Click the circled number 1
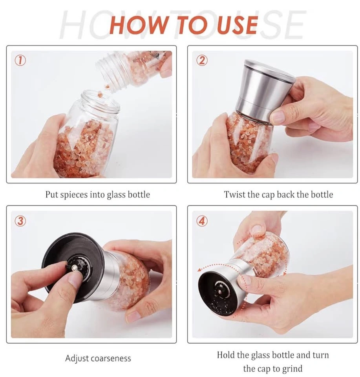pos(20,60)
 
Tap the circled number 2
pos(202,60)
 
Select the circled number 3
pos(20,221)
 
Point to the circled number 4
pos(202,221)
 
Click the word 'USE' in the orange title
pos(237,25)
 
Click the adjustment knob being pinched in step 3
pos(75,267)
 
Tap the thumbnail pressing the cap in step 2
pos(278,117)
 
